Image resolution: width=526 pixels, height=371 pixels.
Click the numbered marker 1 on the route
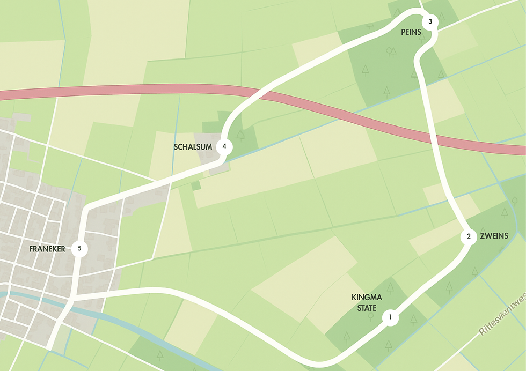pos(390,317)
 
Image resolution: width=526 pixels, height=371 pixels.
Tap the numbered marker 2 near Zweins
pos(469,236)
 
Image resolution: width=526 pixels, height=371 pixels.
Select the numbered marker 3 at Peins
pos(430,22)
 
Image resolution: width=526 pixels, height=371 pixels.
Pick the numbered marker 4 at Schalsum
pos(224,146)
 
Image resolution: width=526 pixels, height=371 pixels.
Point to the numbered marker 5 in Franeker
pos(79,249)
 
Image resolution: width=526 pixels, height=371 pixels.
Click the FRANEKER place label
pos(47,249)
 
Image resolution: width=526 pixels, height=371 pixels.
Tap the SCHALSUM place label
pos(193,146)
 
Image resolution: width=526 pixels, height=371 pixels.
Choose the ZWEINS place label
pos(494,236)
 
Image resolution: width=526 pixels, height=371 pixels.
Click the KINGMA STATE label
pos(363,302)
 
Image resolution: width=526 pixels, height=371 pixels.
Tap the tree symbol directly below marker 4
pos(240,135)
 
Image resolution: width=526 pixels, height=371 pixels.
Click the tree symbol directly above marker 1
pos(390,288)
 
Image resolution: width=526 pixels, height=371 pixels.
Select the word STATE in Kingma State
pos(363,308)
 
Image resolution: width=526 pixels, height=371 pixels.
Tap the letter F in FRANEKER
pos(31,249)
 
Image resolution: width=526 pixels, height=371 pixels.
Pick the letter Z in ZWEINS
pos(483,236)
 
